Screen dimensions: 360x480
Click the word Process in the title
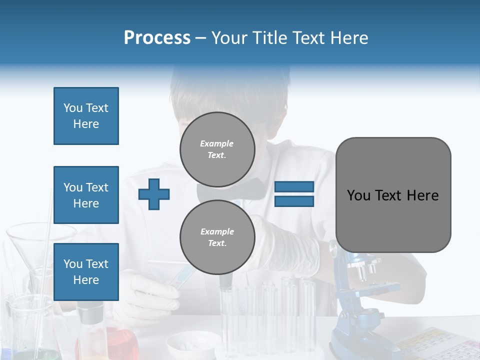coord(157,38)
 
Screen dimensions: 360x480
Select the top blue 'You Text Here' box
coord(86,116)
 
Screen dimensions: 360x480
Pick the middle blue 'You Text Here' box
coord(86,195)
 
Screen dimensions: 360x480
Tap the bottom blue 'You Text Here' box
coord(86,271)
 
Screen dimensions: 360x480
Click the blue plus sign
coord(154,194)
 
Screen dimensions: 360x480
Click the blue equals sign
coord(294,194)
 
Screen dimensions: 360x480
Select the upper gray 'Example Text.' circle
coord(217,149)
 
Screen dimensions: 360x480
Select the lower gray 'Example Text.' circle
coord(217,237)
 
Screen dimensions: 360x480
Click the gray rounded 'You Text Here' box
coord(393,195)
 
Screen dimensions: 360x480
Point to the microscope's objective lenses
coord(365,270)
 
